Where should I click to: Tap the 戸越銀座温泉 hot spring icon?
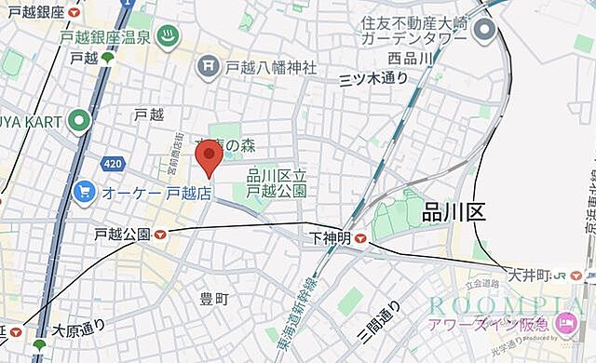(170, 38)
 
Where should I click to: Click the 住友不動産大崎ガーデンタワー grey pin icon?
(482, 30)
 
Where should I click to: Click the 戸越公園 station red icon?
(161, 235)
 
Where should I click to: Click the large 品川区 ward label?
(454, 212)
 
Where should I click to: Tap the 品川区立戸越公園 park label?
(277, 182)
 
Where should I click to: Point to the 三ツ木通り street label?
(372, 79)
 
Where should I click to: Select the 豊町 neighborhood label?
(213, 298)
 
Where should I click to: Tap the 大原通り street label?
(78, 329)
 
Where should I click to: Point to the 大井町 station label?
(527, 275)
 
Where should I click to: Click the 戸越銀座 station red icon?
(74, 14)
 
